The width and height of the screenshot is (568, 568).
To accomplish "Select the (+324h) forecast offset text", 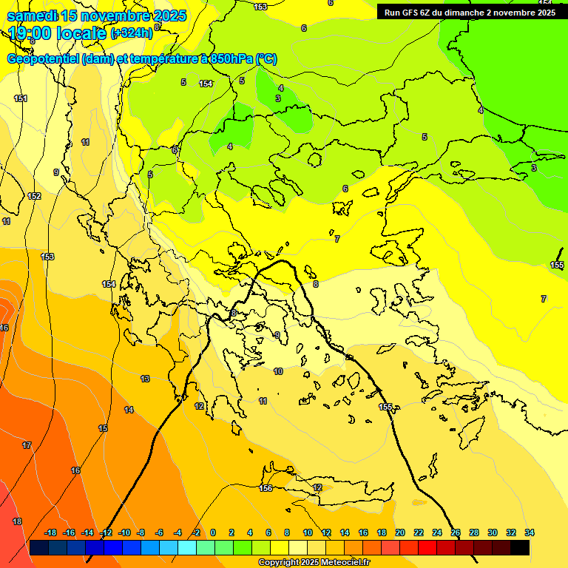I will click(132, 33).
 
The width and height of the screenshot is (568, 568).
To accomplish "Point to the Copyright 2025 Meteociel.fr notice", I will click(314, 563).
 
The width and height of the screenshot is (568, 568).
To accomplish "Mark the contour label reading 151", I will click(21, 98).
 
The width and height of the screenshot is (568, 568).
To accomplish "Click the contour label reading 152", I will click(34, 196).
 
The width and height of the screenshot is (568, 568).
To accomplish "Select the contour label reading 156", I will click(266, 488).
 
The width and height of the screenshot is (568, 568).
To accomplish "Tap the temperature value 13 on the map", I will click(145, 379).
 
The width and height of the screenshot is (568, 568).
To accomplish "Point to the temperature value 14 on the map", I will click(129, 410).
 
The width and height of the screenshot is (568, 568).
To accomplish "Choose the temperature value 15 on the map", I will click(103, 428).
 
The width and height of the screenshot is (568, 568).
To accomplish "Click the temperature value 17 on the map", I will click(27, 445).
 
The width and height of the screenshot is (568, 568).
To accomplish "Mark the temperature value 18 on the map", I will click(17, 521).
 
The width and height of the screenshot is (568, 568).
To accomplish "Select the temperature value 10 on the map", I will click(278, 371).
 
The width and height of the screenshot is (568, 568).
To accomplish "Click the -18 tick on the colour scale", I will click(50, 532).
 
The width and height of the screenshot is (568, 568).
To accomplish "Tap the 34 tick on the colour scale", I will click(530, 532).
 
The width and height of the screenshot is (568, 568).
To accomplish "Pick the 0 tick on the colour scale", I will click(213, 532).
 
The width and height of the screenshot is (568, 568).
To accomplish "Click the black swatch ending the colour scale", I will click(520, 547).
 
